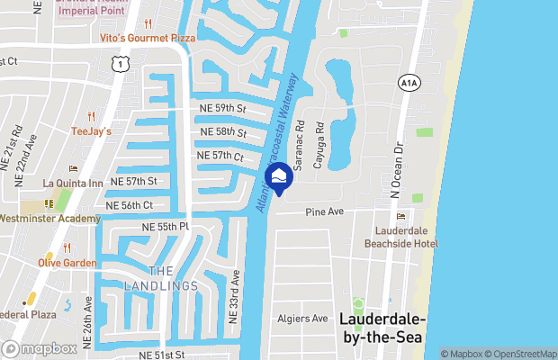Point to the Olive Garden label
pyautogui.click(x=67, y=263)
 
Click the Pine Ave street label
pyautogui.click(x=325, y=212)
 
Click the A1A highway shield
pyautogui.click(x=406, y=82)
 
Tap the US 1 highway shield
pyautogui.click(x=118, y=64)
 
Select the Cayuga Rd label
pyautogui.click(x=319, y=149)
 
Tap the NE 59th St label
pyautogui.click(x=222, y=108)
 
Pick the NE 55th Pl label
pyautogui.click(x=165, y=226)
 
